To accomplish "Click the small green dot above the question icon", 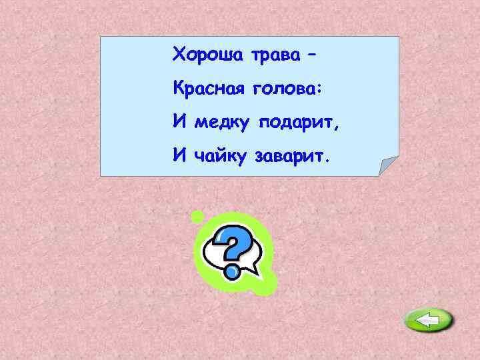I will (x=197, y=216).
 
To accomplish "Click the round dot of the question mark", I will (x=233, y=271).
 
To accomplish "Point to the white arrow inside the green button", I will (x=427, y=321).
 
